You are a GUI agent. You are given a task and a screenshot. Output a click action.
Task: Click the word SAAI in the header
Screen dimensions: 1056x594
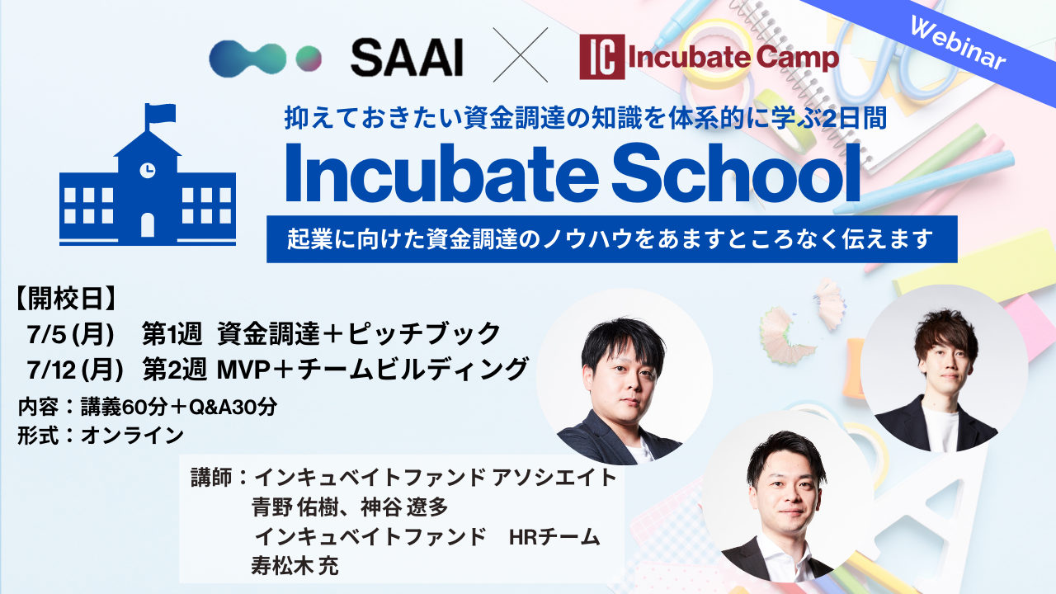407,58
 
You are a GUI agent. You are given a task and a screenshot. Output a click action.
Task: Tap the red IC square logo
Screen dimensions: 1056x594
602,57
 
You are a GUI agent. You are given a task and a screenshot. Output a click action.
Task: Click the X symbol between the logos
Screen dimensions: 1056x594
521,54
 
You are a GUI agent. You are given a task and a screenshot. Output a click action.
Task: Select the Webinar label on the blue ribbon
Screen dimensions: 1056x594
958,44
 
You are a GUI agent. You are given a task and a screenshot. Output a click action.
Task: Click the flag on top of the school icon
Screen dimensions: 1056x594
160,114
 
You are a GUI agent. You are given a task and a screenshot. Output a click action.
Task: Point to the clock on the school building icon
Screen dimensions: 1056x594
148,170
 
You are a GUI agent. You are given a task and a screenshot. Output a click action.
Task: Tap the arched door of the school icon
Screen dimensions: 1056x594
148,225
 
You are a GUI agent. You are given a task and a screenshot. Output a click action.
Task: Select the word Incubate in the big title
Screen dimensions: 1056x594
441,173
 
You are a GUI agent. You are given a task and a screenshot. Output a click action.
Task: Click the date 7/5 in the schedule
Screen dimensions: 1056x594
46,334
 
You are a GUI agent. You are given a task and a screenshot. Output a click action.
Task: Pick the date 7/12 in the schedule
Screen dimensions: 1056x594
51,370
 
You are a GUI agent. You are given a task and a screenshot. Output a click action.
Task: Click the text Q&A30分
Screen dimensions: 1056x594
233,407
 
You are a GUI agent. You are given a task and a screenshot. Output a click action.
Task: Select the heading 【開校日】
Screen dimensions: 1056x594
66,299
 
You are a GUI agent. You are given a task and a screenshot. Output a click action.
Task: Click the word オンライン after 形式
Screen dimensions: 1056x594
132,435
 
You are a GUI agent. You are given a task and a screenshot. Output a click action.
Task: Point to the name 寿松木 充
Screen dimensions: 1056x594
295,566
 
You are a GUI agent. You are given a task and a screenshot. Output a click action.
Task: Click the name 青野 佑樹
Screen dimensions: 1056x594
295,507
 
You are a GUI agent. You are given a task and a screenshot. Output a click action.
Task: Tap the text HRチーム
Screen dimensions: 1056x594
554,537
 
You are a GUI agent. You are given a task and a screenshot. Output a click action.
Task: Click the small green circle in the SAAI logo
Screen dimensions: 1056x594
309,59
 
